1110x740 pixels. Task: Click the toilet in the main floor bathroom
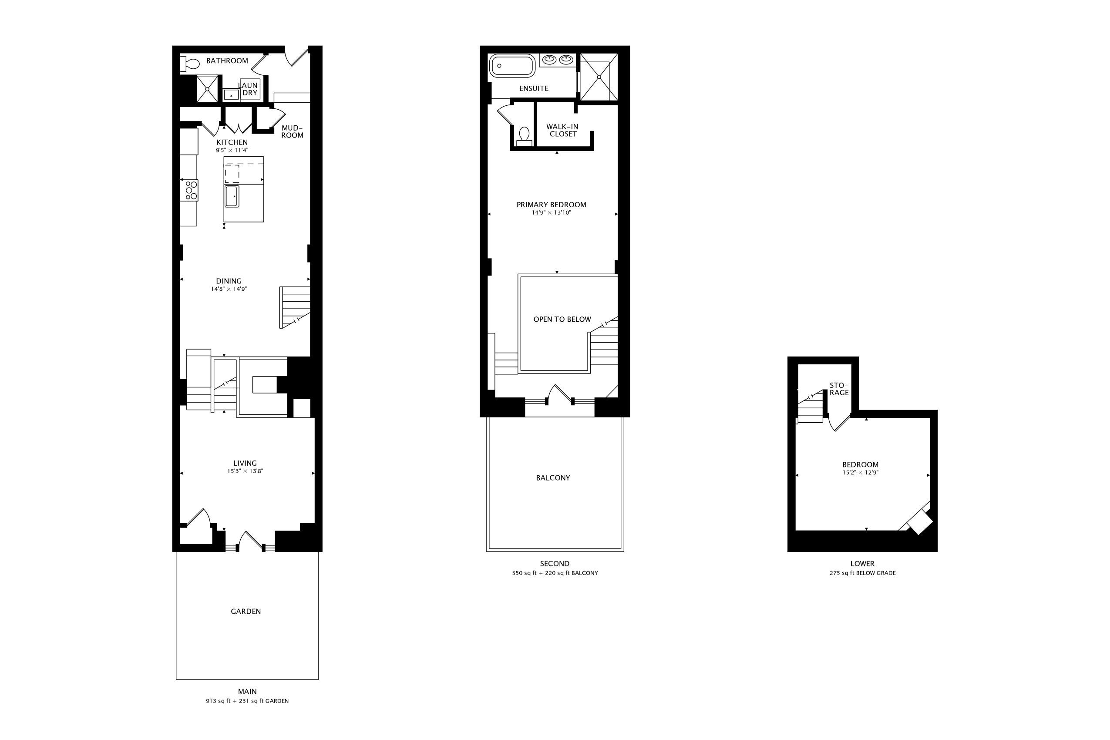pyautogui.click(x=190, y=64)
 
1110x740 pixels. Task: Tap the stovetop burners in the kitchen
pyautogui.click(x=192, y=190)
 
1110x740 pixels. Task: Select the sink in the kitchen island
pyautogui.click(x=232, y=196)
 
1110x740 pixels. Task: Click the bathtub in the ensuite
pyautogui.click(x=512, y=66)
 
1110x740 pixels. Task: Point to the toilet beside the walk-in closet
pyautogui.click(x=524, y=136)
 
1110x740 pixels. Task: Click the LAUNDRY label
pyautogui.click(x=250, y=89)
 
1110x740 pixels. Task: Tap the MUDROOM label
pyautogui.click(x=292, y=131)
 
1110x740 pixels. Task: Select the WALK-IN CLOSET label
pyautogui.click(x=562, y=130)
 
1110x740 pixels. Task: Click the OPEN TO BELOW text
pyautogui.click(x=562, y=320)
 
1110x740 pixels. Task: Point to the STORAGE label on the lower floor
pyautogui.click(x=839, y=389)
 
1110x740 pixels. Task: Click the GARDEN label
pyautogui.click(x=246, y=612)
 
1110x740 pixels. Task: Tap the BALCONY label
pyautogui.click(x=553, y=478)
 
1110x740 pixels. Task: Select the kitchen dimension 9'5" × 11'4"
pyautogui.click(x=232, y=151)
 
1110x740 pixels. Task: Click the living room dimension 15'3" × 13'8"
pyautogui.click(x=245, y=471)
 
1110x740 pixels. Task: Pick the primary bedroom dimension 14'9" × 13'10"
pyautogui.click(x=551, y=213)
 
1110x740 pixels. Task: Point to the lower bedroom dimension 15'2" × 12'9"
pyautogui.click(x=860, y=473)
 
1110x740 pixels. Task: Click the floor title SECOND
pyautogui.click(x=555, y=564)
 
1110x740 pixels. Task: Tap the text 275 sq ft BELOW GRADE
pyautogui.click(x=863, y=573)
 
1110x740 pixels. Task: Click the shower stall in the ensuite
pyautogui.click(x=599, y=77)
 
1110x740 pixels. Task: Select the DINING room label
pyautogui.click(x=229, y=281)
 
